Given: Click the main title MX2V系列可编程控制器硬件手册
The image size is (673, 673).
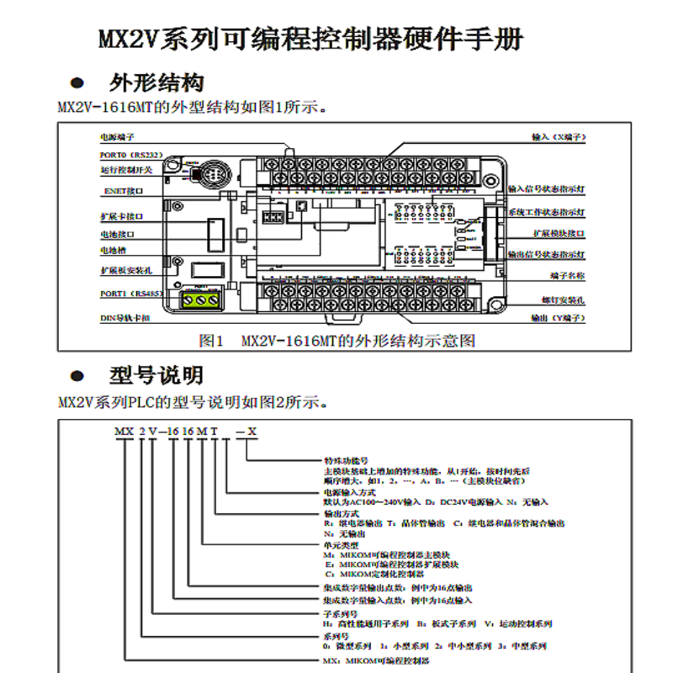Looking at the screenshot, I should pyautogui.click(x=311, y=40).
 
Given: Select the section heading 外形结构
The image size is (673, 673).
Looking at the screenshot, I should pyautogui.click(x=156, y=83).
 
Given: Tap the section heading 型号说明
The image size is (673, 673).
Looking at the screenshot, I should pyautogui.click(x=156, y=375).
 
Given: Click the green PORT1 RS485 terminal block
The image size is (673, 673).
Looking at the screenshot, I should pyautogui.click(x=202, y=298).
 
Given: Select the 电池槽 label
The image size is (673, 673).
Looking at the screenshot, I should pyautogui.click(x=115, y=251).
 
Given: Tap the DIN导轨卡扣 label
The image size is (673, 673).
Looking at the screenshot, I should pyautogui.click(x=125, y=319).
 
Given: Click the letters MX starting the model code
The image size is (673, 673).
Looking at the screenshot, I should pyautogui.click(x=123, y=432).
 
